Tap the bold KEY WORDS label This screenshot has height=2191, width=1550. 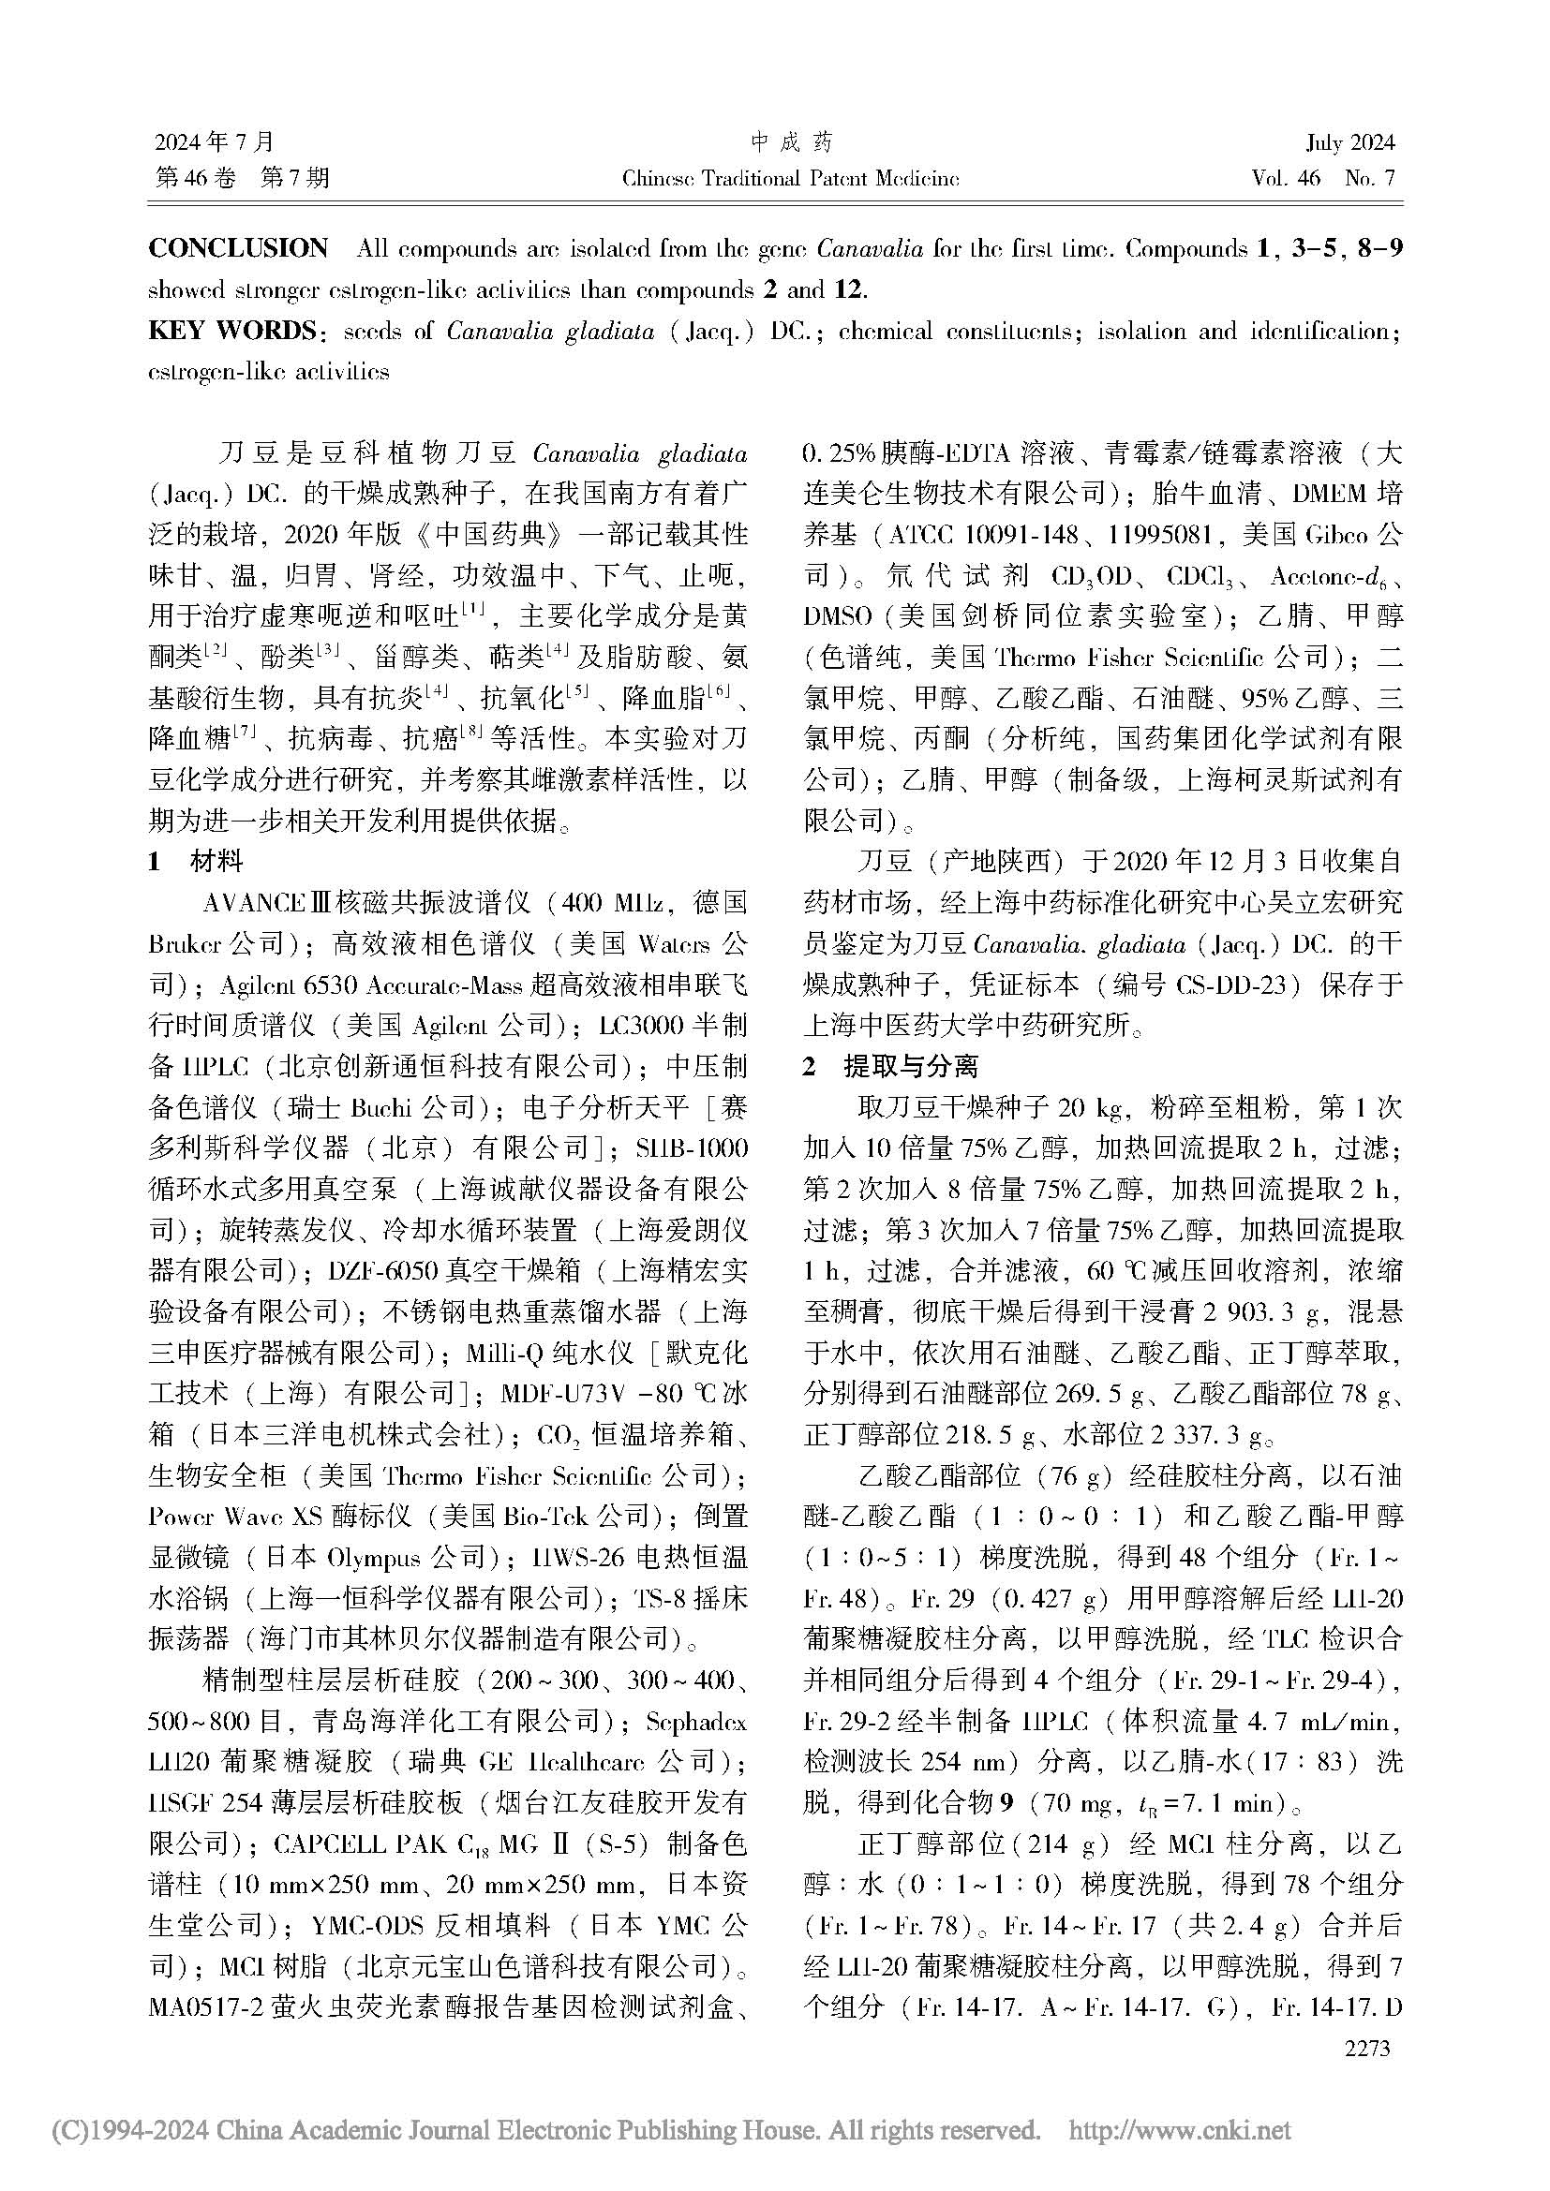pos(231,331)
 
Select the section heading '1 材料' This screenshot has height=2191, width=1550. pos(196,862)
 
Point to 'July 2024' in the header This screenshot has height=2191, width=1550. pos(1349,143)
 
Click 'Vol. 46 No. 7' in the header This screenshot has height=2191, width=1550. pos(1323,179)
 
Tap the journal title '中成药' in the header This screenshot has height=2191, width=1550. pos(791,143)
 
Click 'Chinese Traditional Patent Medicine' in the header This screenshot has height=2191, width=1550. pos(790,179)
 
